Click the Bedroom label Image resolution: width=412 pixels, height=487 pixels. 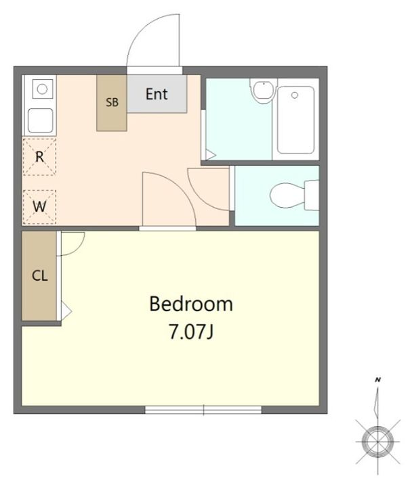point(190,304)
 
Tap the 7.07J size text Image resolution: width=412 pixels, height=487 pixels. point(190,331)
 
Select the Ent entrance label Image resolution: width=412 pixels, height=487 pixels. point(157,94)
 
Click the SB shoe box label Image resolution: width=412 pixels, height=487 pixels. point(112,102)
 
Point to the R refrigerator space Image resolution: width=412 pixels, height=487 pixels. point(39,157)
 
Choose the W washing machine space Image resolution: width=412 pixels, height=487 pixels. point(39,207)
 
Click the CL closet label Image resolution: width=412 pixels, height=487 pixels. point(40,275)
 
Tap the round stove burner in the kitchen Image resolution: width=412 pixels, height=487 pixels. point(42,89)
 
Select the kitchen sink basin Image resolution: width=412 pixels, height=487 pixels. point(41,120)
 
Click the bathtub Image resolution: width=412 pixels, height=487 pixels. point(295,120)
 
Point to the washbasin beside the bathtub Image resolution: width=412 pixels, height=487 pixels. point(264,90)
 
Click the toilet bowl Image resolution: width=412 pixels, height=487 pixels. point(287,195)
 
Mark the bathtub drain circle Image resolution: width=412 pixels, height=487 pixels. point(294,95)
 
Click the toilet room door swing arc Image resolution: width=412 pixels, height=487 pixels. point(199,198)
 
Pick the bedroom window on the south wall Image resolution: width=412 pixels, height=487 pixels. point(203,410)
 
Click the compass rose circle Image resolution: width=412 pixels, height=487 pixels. point(377,442)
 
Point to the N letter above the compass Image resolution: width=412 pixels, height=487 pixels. point(378,379)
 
